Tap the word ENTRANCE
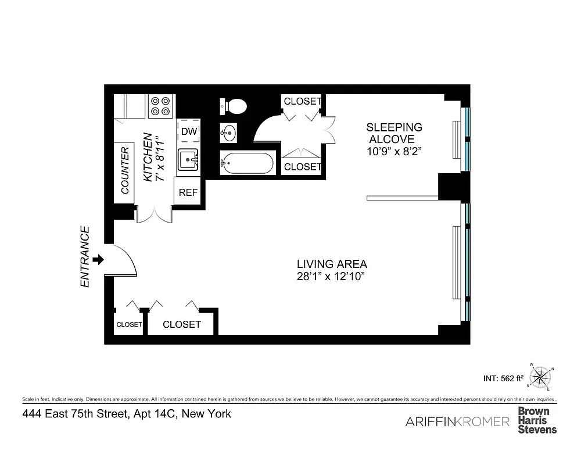pyautogui.click(x=85, y=256)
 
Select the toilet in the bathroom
pyautogui.click(x=234, y=106)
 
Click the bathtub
pyautogui.click(x=246, y=163)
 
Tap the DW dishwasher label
pyautogui.click(x=188, y=131)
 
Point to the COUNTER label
pyautogui.click(x=124, y=170)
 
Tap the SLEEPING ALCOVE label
pyautogui.click(x=393, y=133)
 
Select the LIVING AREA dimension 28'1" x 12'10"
pyautogui.click(x=331, y=277)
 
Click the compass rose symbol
pyautogui.click(x=541, y=378)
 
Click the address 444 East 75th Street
pyautogui.click(x=127, y=414)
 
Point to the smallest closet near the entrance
pyautogui.click(x=128, y=324)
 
